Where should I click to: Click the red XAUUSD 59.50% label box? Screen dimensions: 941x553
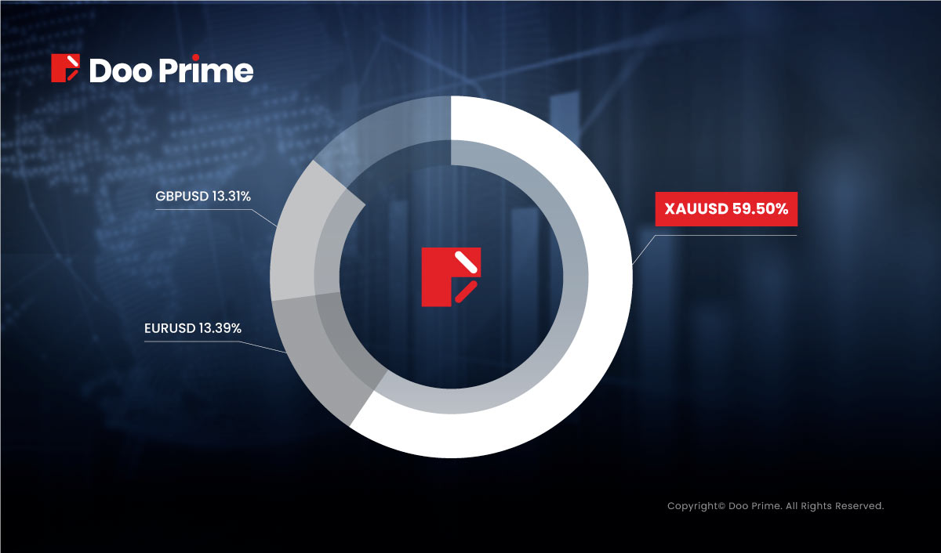pos(726,209)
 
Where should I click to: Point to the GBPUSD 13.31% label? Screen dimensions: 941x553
pos(203,196)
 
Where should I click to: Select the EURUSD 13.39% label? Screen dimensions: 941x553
pos(193,328)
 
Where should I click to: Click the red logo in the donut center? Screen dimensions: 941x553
pos(451,277)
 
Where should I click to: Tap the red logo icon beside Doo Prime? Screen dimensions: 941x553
pos(66,68)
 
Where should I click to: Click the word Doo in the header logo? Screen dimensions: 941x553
pos(121,70)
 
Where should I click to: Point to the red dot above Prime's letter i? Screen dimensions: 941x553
pos(195,57)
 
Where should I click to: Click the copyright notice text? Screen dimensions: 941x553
pos(776,506)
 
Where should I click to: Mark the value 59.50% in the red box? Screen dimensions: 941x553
pos(761,209)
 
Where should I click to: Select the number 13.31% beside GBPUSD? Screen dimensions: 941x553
pos(231,196)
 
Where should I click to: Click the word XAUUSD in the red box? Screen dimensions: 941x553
pos(696,209)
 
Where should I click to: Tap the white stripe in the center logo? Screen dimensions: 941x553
pos(467,262)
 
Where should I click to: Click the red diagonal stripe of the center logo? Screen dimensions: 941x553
pos(467,291)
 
